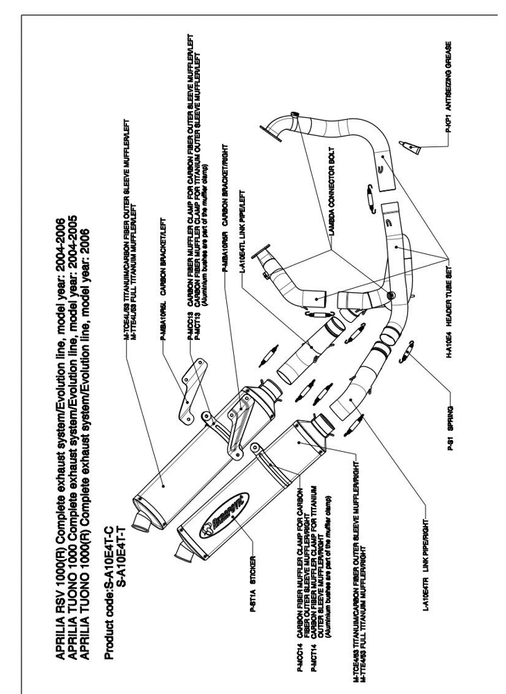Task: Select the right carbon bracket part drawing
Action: pos(236,423)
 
